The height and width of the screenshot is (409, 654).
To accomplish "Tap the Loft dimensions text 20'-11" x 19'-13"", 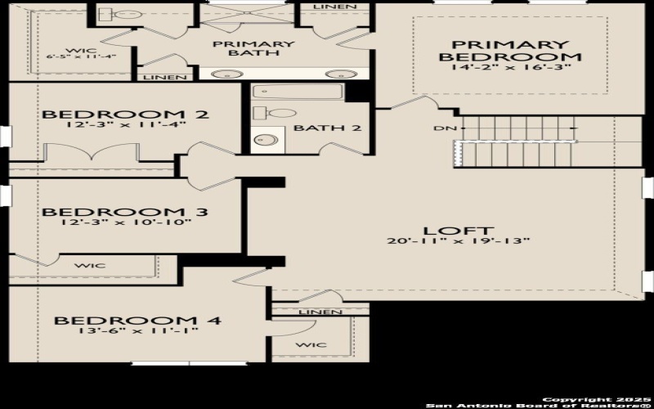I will click(459, 240).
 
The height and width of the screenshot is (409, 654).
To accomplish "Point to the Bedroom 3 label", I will click(124, 212).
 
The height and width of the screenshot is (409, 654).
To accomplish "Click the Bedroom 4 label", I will click(137, 321).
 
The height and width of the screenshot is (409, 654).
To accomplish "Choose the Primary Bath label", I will click(253, 48).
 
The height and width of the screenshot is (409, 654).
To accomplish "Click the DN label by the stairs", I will click(439, 128).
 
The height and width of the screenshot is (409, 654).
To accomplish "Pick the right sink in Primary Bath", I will click(335, 74).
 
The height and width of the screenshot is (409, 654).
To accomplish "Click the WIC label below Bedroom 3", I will click(87, 266).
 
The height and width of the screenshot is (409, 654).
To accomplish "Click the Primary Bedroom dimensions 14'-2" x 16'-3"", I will click(510, 67).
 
